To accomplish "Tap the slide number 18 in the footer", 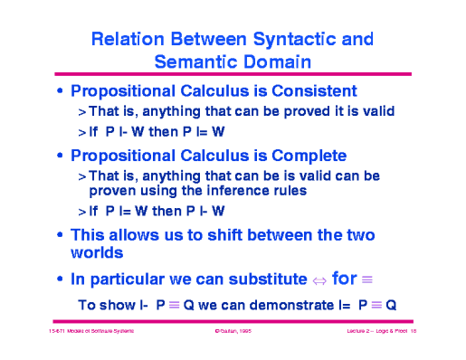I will coord(412,333).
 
